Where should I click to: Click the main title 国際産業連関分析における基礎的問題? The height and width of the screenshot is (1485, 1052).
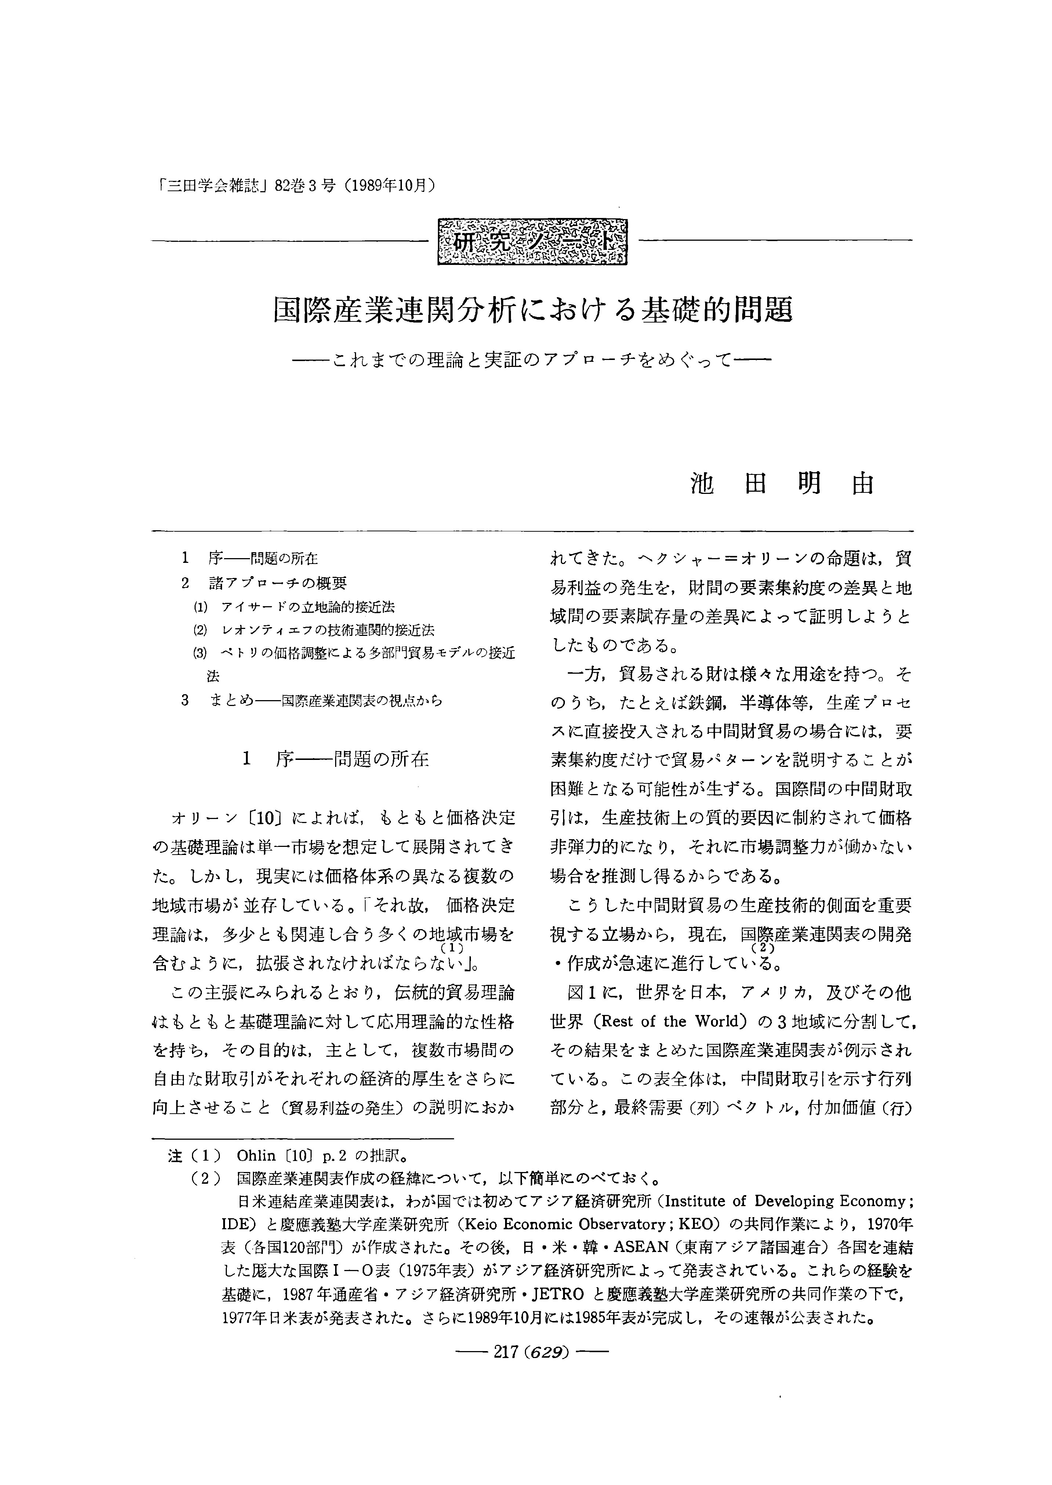click(x=533, y=311)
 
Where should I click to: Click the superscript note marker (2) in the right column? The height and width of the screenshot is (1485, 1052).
click(x=764, y=949)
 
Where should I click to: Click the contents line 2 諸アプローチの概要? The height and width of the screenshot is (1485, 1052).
click(x=266, y=583)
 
